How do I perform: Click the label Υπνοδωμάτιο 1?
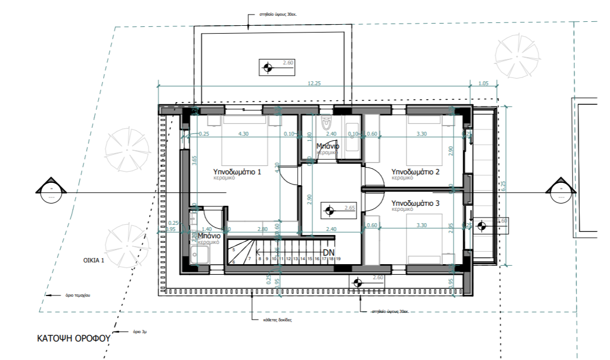point(237,172)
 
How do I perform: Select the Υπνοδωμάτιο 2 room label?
point(415,171)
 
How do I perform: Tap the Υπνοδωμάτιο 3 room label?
point(415,202)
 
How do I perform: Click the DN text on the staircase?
point(328,252)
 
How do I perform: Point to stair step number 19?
point(339,259)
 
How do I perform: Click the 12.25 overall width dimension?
point(314,83)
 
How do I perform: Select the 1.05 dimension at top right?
point(483,83)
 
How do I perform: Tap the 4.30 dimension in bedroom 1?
point(244,133)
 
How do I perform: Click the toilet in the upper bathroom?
point(326,122)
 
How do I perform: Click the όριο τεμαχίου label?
point(77,294)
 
